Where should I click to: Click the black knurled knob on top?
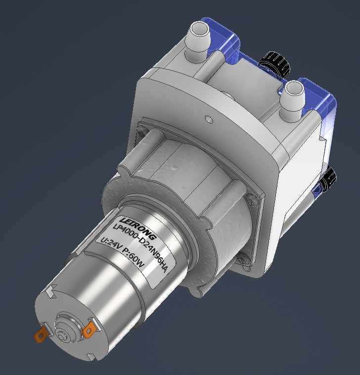tap(273, 64)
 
